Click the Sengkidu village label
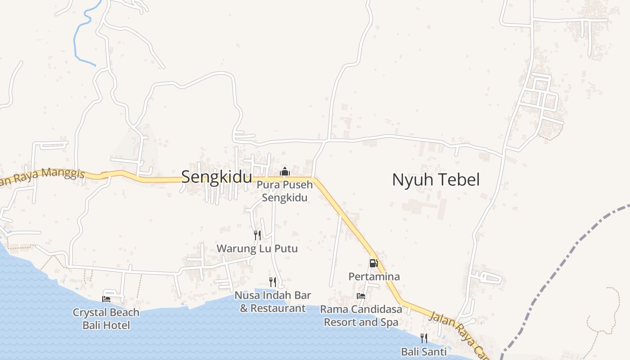click(x=216, y=177)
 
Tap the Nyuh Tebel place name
click(x=436, y=180)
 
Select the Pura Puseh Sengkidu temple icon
click(x=284, y=171)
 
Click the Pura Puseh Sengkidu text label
click(x=284, y=191)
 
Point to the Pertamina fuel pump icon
click(x=373, y=263)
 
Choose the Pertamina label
click(x=374, y=276)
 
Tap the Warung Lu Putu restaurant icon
click(x=257, y=235)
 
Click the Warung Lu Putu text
click(x=257, y=248)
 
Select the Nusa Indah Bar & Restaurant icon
click(x=273, y=282)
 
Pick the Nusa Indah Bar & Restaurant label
click(x=273, y=302)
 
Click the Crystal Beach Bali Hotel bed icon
click(x=106, y=299)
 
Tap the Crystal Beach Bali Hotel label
click(x=106, y=319)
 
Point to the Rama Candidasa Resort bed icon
click(x=361, y=296)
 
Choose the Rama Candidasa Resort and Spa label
click(x=361, y=316)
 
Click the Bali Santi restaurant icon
click(x=424, y=338)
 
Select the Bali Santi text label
click(x=424, y=351)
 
